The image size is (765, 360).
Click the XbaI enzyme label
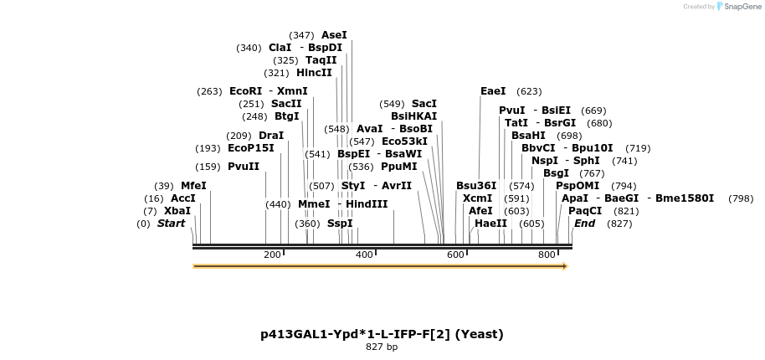[x=177, y=211]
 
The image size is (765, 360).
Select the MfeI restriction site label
[x=193, y=186]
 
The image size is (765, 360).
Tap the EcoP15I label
[x=251, y=148]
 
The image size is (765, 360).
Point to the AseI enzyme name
[x=334, y=35]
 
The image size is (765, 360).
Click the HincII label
[x=314, y=73]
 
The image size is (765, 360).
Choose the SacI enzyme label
[x=424, y=104]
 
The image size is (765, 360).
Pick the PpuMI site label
[x=398, y=167]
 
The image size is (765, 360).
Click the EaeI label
[x=493, y=91]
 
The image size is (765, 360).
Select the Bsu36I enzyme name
[x=476, y=186]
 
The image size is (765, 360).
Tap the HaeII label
[x=490, y=224]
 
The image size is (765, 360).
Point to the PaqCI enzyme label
[x=585, y=211]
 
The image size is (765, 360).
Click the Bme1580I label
[x=685, y=198]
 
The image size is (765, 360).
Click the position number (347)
[x=301, y=35]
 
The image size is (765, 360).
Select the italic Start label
[x=171, y=224]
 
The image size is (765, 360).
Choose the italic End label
[x=584, y=224]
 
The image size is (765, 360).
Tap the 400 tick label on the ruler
[x=364, y=255]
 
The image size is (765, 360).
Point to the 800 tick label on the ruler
[x=547, y=255]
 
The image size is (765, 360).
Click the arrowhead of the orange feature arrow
[x=565, y=266]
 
